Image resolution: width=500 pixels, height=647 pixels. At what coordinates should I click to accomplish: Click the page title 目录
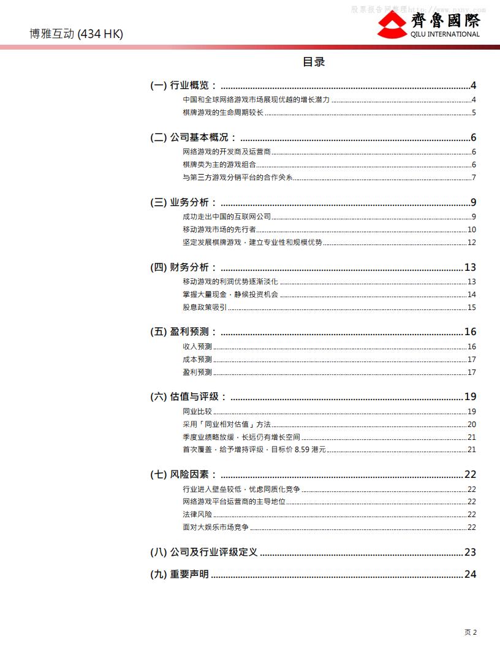coord(314,62)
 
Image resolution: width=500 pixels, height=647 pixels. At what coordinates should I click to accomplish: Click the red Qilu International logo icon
coord(392,25)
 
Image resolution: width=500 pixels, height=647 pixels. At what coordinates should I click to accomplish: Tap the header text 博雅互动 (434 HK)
coord(77,34)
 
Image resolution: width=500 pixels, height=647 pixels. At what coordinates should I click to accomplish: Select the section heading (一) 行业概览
coord(183,85)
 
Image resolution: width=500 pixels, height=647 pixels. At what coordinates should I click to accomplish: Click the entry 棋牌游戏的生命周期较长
coord(223,113)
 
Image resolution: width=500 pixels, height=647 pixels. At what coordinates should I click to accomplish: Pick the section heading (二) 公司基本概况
coord(193,137)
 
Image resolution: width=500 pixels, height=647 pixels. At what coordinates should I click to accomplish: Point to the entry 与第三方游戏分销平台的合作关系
coord(238,178)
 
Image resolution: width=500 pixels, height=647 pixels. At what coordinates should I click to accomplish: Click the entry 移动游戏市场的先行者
coord(219,230)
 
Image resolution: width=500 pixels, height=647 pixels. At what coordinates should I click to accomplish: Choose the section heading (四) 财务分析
coord(183,267)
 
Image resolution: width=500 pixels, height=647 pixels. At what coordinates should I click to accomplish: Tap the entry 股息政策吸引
coord(205,308)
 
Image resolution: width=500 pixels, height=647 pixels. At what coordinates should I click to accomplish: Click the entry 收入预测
coord(197,347)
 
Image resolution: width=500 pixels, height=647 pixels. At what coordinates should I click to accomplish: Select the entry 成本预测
coord(197,360)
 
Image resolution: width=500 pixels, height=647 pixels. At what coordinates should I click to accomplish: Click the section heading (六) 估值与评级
coord(188,396)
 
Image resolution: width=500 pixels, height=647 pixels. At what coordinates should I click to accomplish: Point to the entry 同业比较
coord(197,412)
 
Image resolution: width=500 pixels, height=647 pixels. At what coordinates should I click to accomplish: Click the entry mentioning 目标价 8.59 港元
coord(254,450)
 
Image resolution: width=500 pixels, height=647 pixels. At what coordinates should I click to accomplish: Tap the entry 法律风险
coord(197,515)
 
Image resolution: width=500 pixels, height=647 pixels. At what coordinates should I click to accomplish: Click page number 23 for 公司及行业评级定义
coord(470,553)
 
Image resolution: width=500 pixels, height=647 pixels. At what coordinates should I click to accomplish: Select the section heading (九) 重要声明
coord(180,574)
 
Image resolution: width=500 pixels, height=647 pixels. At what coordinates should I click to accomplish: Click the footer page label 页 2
coord(470,632)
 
